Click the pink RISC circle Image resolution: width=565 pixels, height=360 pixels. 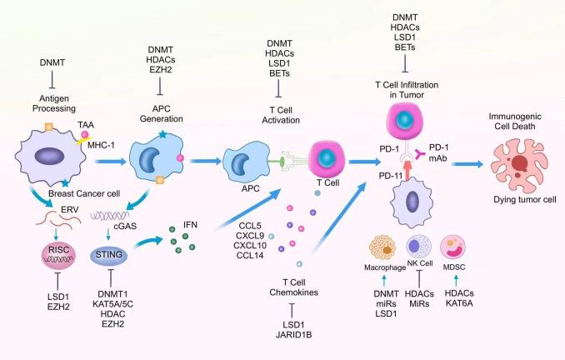pos(47,253)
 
